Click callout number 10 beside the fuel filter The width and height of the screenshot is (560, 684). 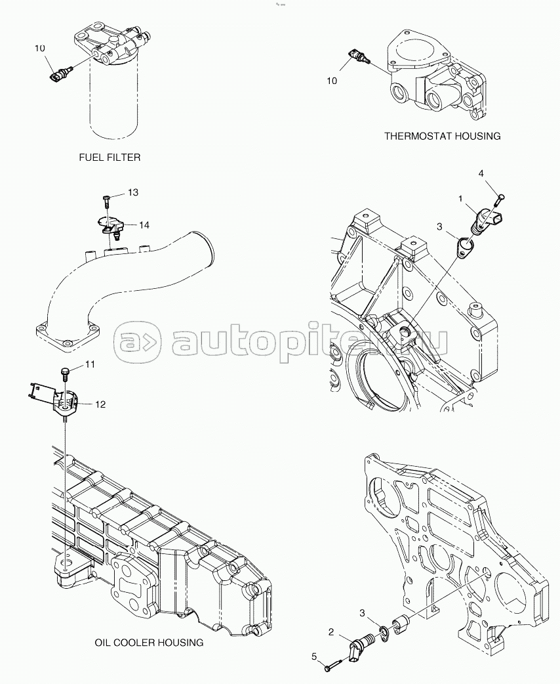pyautogui.click(x=40, y=49)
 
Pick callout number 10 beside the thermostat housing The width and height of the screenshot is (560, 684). pyautogui.click(x=332, y=80)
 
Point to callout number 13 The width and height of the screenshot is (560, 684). pyautogui.click(x=133, y=192)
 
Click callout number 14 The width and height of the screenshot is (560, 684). pyautogui.click(x=144, y=224)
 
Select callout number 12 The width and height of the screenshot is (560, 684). pyautogui.click(x=100, y=404)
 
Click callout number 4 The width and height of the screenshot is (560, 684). pyautogui.click(x=481, y=173)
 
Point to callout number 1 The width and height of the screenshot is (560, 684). pyautogui.click(x=460, y=198)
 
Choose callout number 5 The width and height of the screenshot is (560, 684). pyautogui.click(x=314, y=656)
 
